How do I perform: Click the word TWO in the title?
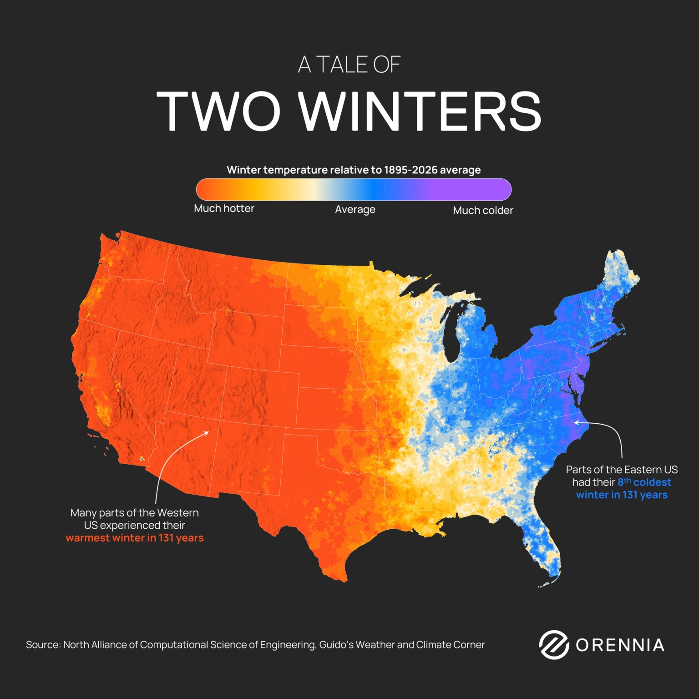(x=218, y=111)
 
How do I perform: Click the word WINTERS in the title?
(x=420, y=111)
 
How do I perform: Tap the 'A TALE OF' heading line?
(x=349, y=65)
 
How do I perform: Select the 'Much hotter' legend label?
(x=224, y=208)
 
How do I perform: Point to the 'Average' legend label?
(x=355, y=209)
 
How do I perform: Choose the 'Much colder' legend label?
(x=483, y=210)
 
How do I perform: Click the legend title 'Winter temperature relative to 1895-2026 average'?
(x=354, y=170)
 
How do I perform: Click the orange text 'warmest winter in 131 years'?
(x=135, y=538)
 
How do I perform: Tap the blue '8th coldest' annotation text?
(x=644, y=482)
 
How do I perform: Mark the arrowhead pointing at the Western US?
(x=207, y=433)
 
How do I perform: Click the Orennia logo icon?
(x=554, y=644)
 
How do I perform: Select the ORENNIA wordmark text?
(x=620, y=645)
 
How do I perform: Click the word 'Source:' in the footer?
(x=43, y=645)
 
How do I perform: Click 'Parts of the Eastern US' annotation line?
(x=622, y=470)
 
